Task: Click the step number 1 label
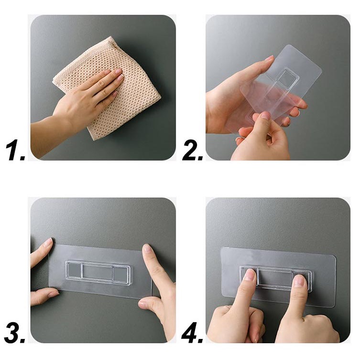click(15, 151)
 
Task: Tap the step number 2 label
click(192, 151)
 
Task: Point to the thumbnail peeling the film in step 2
click(265, 116)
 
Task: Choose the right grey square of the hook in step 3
click(120, 274)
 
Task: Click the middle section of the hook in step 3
click(98, 272)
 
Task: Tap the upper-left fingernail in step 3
click(48, 242)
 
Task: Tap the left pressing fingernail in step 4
click(249, 274)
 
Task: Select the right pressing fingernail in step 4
click(299, 281)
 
